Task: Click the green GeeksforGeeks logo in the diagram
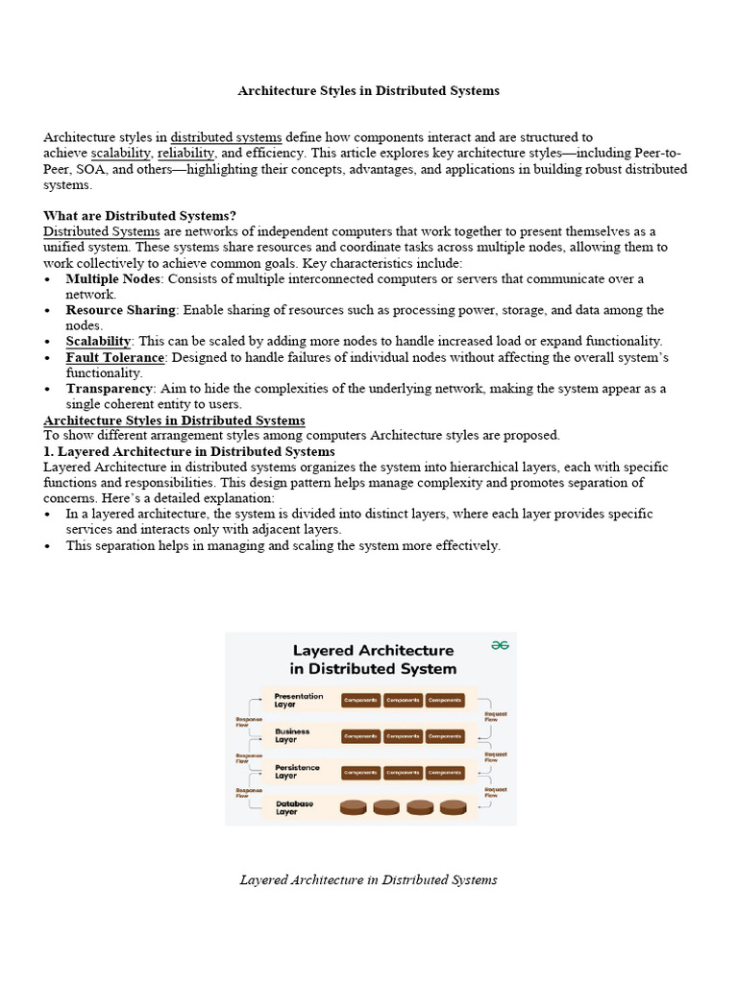tap(500, 646)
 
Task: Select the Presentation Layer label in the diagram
tap(298, 700)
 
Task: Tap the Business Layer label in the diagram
tap(292, 735)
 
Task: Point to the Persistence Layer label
tap(297, 772)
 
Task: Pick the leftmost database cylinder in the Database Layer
tap(355, 807)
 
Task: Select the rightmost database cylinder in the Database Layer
tap(453, 807)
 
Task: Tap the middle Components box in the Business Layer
tap(403, 736)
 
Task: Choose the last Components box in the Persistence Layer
tap(445, 772)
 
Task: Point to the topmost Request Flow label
tap(496, 716)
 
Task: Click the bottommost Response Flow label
tap(249, 792)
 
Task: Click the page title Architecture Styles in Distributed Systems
tap(369, 91)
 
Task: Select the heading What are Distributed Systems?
tap(139, 216)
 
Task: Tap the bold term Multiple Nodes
tap(113, 278)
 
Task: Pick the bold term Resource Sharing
tap(120, 310)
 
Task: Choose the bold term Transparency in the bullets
tap(110, 389)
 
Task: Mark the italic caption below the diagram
tap(369, 879)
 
